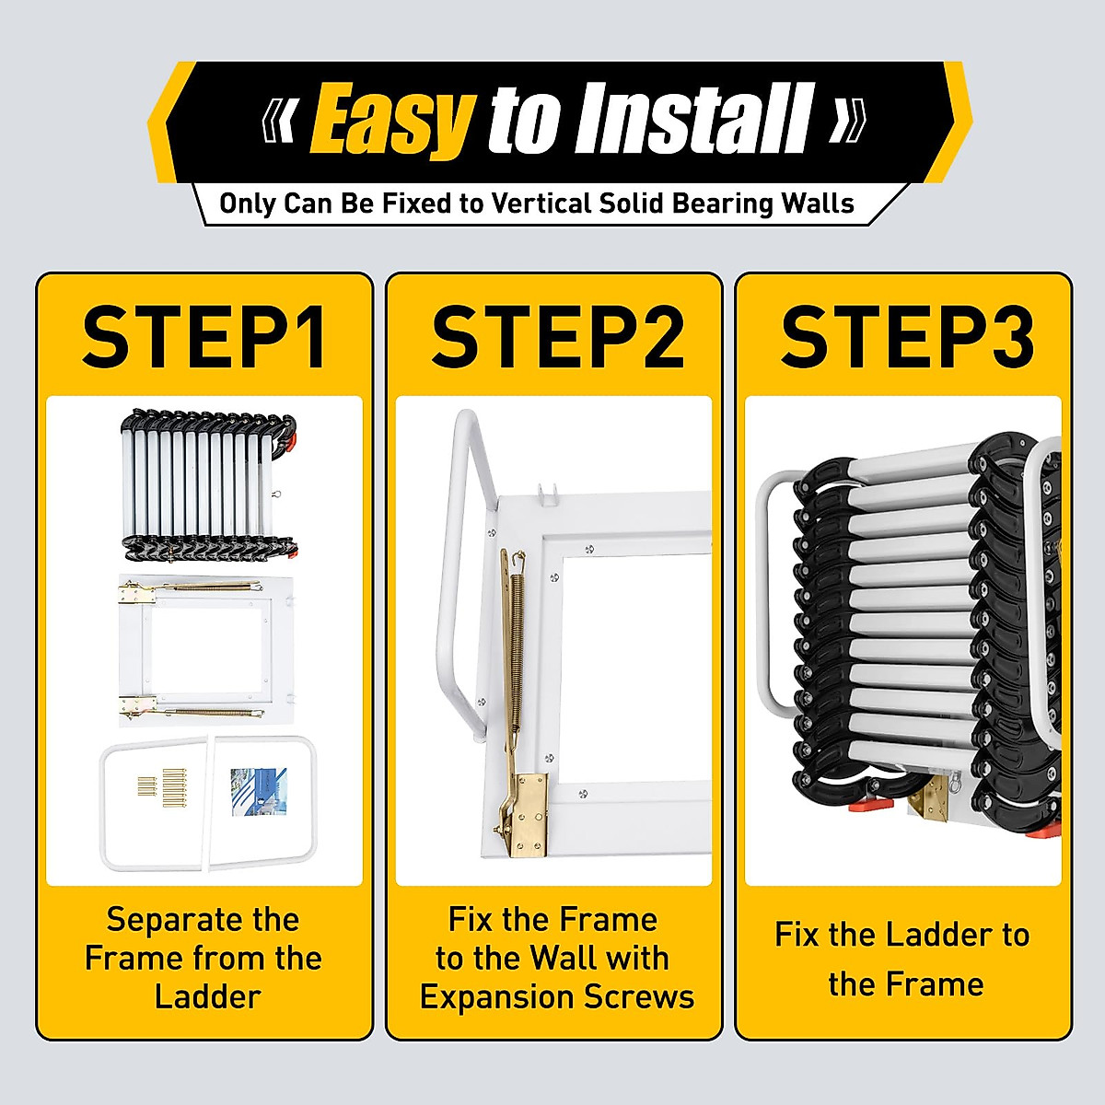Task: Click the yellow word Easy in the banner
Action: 391,120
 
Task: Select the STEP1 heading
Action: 204,338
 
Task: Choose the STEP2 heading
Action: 557,338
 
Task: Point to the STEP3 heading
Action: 907,338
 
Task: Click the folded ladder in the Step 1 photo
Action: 208,483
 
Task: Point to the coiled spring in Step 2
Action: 518,626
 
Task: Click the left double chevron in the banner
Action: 280,122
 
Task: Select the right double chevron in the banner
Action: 846,122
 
